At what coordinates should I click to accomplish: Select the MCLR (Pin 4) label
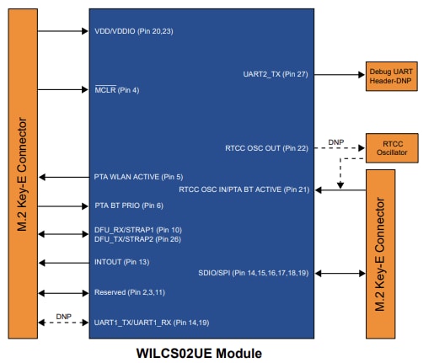[116, 89]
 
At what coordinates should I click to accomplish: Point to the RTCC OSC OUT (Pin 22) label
[266, 148]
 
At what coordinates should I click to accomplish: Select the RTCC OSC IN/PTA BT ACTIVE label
[244, 190]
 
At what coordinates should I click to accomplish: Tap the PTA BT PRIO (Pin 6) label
[128, 206]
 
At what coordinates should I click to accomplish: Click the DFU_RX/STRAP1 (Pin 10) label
[137, 229]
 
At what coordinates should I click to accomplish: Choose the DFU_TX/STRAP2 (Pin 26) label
[137, 239]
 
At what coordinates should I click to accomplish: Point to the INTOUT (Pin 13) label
[121, 263]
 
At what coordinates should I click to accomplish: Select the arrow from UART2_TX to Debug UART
[340, 74]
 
